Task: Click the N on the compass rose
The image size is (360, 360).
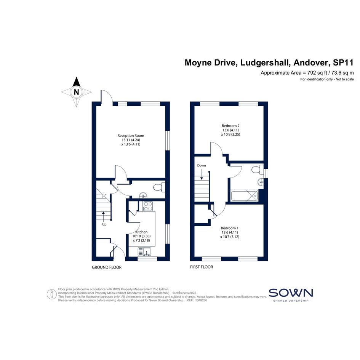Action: tap(77, 92)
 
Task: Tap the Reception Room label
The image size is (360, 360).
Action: tap(131, 136)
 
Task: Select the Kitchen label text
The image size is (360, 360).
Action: tap(141, 232)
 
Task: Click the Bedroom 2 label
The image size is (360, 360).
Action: tap(230, 126)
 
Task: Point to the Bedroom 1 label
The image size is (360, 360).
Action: tap(230, 228)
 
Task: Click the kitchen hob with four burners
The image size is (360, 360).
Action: tap(148, 206)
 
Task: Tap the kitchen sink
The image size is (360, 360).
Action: tap(144, 251)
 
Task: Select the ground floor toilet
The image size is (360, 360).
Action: tap(159, 187)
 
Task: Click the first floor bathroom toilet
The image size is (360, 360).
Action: tap(258, 170)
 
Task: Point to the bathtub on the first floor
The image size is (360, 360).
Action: tap(245, 195)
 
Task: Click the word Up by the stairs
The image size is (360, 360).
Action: tap(104, 224)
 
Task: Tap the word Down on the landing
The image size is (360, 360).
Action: tap(202, 165)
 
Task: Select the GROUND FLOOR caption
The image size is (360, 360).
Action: tap(107, 267)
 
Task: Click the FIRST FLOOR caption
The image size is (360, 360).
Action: tap(202, 267)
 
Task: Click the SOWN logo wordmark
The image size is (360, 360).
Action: tap(291, 293)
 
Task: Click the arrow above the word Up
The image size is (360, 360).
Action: tap(103, 216)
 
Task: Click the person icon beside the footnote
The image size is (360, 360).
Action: tap(52, 294)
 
